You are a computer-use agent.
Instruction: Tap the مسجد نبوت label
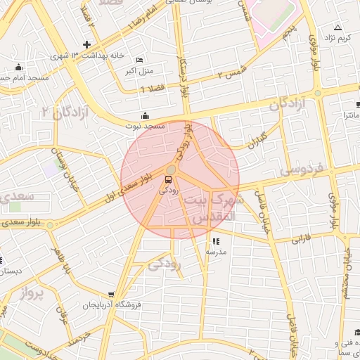coord(145,126)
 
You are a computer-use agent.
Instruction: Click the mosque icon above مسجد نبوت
coord(145,115)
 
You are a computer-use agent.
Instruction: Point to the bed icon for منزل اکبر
coord(139,60)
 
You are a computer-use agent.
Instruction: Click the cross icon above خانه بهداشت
coord(86,45)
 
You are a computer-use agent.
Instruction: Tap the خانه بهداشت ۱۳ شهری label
coord(82,56)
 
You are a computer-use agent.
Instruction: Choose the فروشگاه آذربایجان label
coord(112,305)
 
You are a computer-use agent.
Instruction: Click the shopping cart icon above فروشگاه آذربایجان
coord(111,295)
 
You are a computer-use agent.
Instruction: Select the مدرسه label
coord(215,251)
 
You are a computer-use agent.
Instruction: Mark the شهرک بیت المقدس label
coord(214,209)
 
